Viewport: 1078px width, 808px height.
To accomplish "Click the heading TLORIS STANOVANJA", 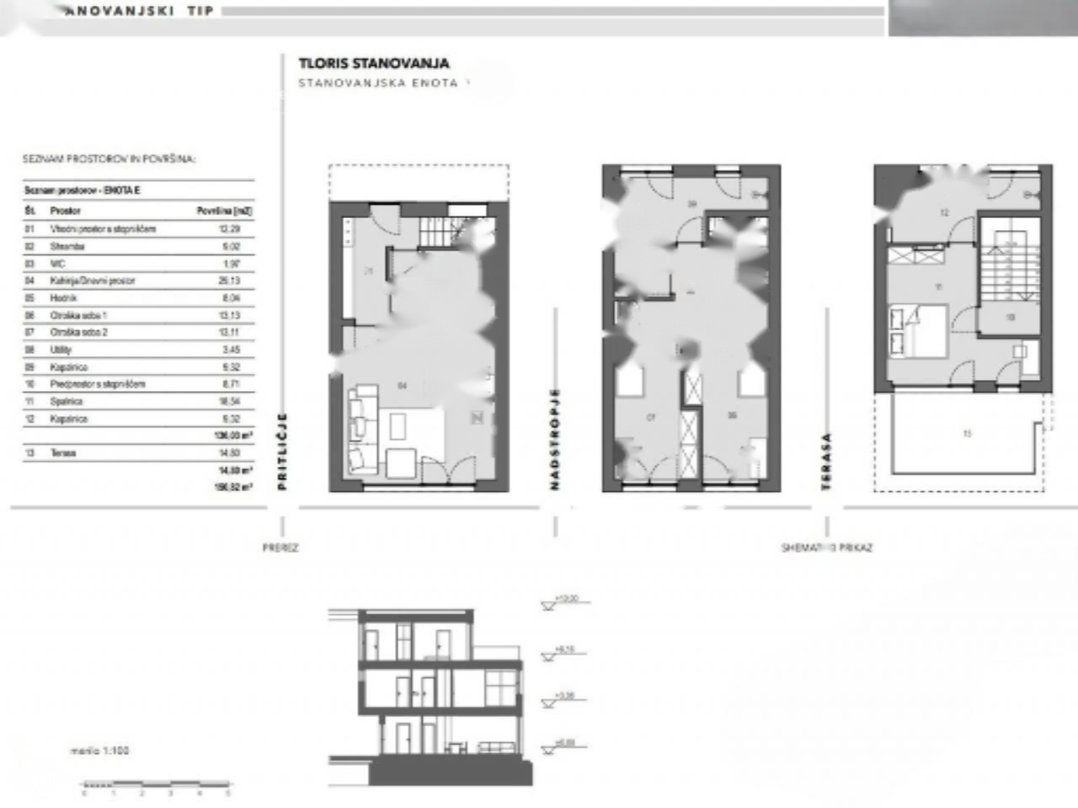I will coord(373,63).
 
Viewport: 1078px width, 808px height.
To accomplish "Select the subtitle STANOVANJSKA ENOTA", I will coord(378,83).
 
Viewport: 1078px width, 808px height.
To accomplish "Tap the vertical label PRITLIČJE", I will coord(282,451).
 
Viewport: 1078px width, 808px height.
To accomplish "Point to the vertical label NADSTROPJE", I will coord(554,439).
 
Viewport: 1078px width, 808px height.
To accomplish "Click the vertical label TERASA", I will coord(826,461).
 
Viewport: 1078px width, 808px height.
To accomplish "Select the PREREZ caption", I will coord(280,548).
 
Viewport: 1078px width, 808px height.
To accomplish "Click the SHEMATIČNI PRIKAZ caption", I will coord(826,548).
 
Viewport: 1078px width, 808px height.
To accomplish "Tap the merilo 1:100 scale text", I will coord(99,750).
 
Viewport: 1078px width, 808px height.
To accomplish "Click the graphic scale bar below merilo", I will coord(157,786).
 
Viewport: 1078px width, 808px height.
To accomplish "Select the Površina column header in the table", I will coord(224,211).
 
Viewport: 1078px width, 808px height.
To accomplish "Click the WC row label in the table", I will coord(57,264).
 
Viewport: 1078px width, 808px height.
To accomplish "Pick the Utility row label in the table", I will coord(61,350).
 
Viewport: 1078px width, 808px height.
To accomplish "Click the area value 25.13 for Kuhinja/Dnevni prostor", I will coord(229,281).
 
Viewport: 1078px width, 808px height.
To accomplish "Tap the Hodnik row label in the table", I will coord(63,298).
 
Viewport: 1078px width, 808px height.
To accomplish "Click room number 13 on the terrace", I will coord(967,434).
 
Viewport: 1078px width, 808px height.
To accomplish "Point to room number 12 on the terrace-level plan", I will coord(944,213).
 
